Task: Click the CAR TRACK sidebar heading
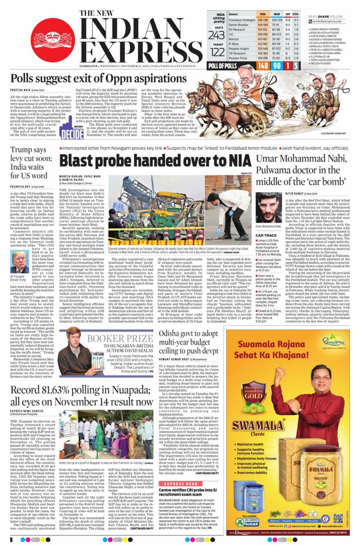tap(250, 235)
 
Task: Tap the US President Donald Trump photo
tap(20, 263)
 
